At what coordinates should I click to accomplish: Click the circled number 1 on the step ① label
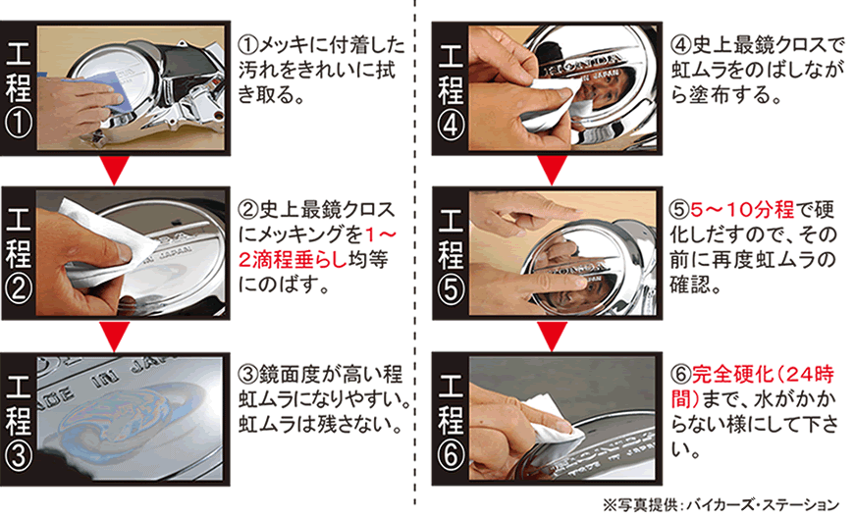pos(19,125)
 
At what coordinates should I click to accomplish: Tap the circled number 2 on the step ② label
pos(19,289)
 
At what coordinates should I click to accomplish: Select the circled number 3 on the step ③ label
pos(19,455)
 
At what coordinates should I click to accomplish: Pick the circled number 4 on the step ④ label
pos(451,126)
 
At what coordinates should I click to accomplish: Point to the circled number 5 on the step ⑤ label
pos(451,289)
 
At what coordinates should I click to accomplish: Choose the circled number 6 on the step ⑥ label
pos(451,455)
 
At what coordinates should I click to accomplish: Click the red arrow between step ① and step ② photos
pos(115,170)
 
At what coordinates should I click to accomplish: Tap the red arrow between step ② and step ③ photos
pos(115,336)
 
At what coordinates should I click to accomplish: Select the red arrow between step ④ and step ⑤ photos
pos(553,170)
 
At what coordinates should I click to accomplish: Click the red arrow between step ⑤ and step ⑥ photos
pos(553,336)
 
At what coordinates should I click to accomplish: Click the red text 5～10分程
pos(742,210)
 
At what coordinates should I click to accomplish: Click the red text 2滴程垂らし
pos(293,260)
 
